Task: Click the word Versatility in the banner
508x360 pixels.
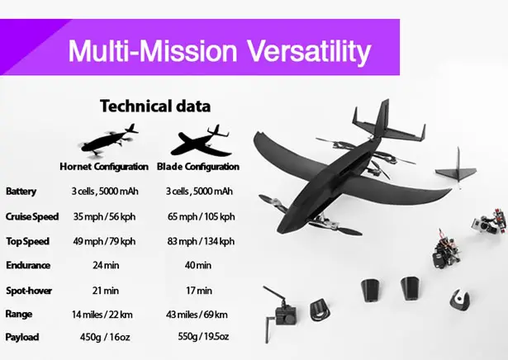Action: click(309, 51)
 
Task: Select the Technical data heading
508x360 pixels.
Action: click(155, 107)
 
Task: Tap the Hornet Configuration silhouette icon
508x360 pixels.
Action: click(109, 140)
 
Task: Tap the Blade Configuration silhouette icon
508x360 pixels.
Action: click(201, 140)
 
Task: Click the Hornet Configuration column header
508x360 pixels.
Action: click(104, 167)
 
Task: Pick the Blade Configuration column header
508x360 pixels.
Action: click(198, 167)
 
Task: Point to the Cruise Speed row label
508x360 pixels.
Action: click(32, 216)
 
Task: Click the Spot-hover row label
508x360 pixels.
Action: click(29, 291)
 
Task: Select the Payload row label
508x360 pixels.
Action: click(22, 337)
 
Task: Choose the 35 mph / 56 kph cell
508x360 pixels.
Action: click(104, 216)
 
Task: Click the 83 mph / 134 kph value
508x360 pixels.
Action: click(201, 241)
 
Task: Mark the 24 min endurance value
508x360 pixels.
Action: click(106, 265)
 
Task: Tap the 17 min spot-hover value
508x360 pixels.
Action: click(199, 291)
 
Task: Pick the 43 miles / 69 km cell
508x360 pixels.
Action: click(197, 315)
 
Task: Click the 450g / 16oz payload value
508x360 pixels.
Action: click(105, 337)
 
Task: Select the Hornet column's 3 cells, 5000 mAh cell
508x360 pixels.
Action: click(105, 191)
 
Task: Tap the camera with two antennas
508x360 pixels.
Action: click(281, 312)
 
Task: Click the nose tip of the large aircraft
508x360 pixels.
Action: click(279, 230)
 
